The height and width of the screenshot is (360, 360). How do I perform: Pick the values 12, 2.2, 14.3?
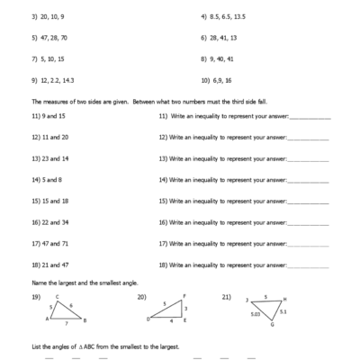click(53, 79)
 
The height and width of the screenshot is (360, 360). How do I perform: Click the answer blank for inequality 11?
click(309, 118)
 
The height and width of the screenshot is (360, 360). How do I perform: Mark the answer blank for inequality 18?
click(309, 265)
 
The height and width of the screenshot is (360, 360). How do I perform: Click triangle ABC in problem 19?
click(65, 311)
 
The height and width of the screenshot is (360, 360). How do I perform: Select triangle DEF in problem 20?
click(169, 310)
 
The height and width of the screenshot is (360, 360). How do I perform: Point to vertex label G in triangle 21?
click(273, 325)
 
